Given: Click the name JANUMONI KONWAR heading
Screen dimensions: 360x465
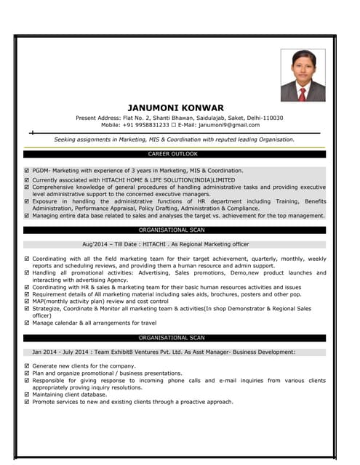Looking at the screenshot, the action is [175, 108].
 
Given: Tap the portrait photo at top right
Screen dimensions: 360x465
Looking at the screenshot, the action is [303, 75].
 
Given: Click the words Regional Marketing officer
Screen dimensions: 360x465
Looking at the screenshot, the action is [215, 245].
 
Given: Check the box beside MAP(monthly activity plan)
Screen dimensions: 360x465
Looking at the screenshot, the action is [27, 301].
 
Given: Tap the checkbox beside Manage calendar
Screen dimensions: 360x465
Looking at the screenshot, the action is [27, 323].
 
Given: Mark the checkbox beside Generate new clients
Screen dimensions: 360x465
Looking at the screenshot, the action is [27, 365].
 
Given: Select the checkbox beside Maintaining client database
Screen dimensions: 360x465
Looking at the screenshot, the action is [27, 395].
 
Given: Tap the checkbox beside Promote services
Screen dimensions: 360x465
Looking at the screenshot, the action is [27, 402].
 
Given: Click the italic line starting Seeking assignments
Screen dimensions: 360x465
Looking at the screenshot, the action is [175, 139].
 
